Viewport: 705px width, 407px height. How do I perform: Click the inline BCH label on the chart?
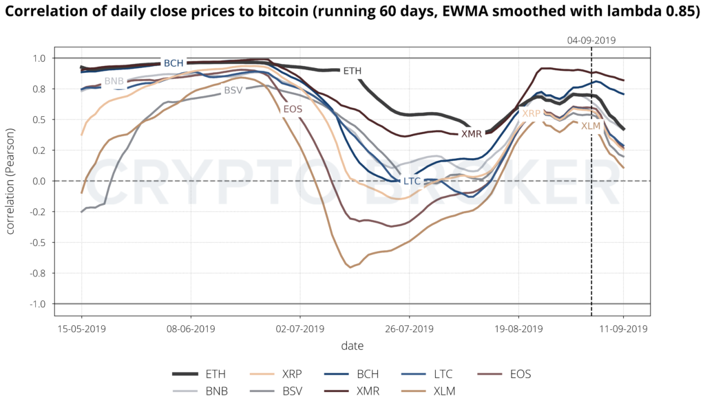coord(173,63)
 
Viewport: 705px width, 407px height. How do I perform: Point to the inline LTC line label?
coord(412,180)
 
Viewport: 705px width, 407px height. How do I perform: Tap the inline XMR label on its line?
coord(472,134)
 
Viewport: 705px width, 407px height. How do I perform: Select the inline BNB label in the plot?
coord(114,81)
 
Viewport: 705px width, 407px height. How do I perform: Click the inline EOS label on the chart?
coord(293,109)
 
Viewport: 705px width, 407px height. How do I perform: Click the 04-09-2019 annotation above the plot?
coord(591,41)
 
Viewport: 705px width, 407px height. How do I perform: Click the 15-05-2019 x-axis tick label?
coord(81,329)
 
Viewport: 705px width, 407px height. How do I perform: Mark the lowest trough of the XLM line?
coord(350,267)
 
